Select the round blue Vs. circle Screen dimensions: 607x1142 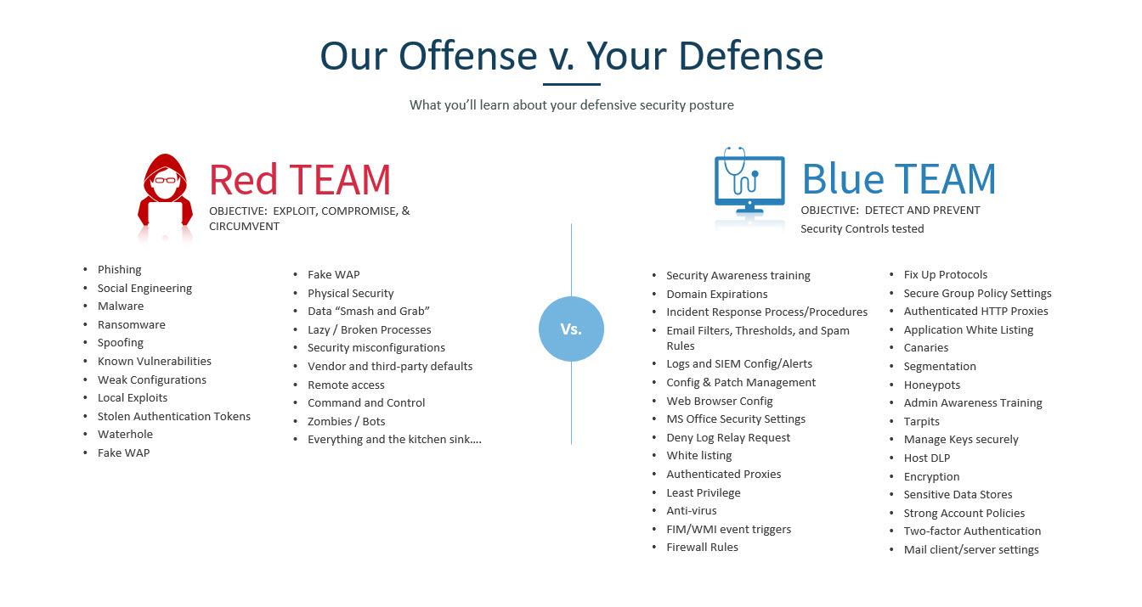pyautogui.click(x=571, y=329)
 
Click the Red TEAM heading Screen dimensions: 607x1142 pyautogui.click(x=300, y=179)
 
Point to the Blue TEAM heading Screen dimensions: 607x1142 pyautogui.click(x=898, y=178)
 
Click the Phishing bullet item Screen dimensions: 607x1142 pyautogui.click(x=120, y=270)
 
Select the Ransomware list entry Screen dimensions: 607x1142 pyautogui.click(x=132, y=325)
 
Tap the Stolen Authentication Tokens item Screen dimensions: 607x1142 pyautogui.click(x=174, y=416)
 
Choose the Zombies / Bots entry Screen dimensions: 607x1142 pyautogui.click(x=347, y=421)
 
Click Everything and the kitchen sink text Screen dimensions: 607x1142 pyautogui.click(x=394, y=440)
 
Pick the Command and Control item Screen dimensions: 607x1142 pyautogui.click(x=366, y=403)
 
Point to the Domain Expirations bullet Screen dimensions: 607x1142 pyautogui.click(x=717, y=294)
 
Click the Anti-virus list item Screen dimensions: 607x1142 pyautogui.click(x=692, y=511)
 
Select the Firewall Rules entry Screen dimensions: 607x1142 pyautogui.click(x=703, y=548)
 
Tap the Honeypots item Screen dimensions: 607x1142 pyautogui.click(x=932, y=385)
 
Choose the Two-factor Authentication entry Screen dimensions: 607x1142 pyautogui.click(x=972, y=531)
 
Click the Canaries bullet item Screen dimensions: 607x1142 pyautogui.click(x=926, y=348)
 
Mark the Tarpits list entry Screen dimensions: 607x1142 pyautogui.click(x=922, y=422)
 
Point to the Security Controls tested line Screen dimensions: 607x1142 pyautogui.click(x=862, y=229)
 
